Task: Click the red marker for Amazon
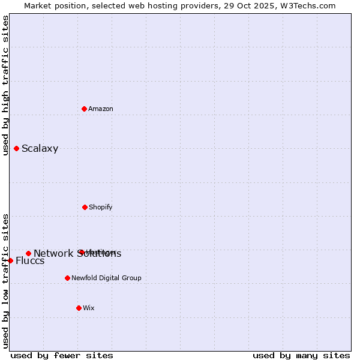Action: [x=85, y=109]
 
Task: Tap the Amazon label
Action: [x=101, y=109]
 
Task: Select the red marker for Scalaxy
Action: [x=17, y=148]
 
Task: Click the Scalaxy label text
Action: [x=40, y=149]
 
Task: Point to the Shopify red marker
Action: [x=85, y=207]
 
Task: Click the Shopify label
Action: [x=100, y=207]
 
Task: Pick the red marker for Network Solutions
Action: [x=28, y=253]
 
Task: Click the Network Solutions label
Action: [x=77, y=253]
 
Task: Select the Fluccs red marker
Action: [x=10, y=260]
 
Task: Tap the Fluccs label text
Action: [x=30, y=260]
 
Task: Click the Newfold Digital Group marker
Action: [x=67, y=278]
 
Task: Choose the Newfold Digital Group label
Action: [x=106, y=278]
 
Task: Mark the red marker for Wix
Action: [x=79, y=308]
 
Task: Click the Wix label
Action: [x=89, y=308]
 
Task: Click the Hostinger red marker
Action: [x=81, y=252]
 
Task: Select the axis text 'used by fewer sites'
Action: [x=62, y=355]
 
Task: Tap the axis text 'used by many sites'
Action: [x=301, y=355]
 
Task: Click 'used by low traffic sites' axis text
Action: [x=5, y=281]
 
